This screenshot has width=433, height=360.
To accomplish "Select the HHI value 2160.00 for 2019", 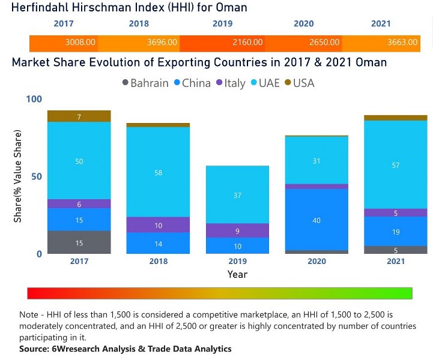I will tap(248, 43).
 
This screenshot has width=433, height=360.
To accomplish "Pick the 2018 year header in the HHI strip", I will tap(139, 24).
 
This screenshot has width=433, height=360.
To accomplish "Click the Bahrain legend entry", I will tap(145, 83).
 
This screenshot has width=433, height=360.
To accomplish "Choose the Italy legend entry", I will tap(229, 83).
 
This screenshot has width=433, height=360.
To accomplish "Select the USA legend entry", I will tap(299, 83).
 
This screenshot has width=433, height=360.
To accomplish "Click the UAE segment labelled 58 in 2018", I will tap(158, 172).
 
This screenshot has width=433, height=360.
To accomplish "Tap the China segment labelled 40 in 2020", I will tap(316, 220).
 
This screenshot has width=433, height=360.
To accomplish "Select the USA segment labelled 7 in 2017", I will tap(79, 117).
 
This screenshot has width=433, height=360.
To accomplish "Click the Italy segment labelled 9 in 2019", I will tap(237, 230).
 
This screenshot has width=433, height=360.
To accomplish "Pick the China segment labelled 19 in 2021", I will tap(395, 231).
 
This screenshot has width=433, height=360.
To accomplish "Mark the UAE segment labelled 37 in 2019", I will tap(237, 195).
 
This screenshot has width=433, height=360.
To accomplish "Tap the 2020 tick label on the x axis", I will tap(316, 262).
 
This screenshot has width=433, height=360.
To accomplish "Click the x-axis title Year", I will tap(237, 274).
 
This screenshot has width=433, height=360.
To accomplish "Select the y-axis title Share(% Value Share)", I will tap(17, 176).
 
